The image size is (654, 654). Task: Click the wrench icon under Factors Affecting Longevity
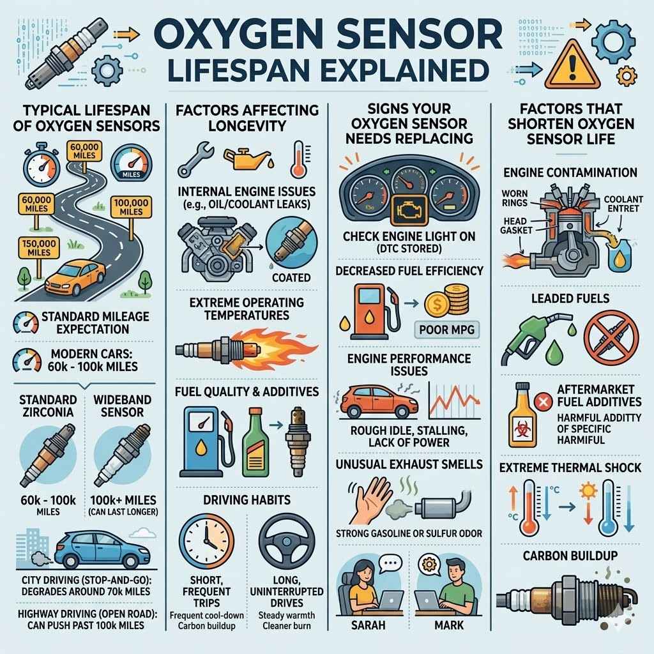pyautogui.click(x=192, y=160)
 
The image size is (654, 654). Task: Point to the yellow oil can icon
pyautogui.click(x=243, y=160)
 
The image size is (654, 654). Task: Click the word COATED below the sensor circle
pyautogui.click(x=291, y=278)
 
